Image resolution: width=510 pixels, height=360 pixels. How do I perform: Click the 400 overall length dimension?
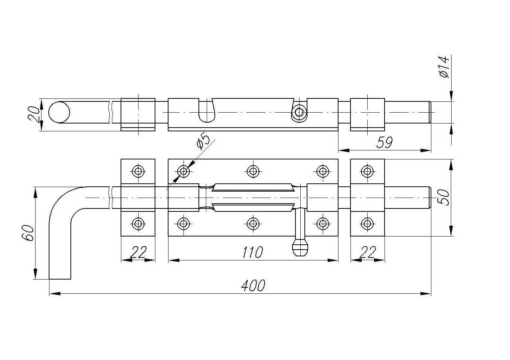253,286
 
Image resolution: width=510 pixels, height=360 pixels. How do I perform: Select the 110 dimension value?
252,252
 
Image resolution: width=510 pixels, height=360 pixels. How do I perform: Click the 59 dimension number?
385,143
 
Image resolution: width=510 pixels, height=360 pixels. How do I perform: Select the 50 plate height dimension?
444,198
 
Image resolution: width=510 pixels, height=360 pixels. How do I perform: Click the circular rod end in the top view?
59,112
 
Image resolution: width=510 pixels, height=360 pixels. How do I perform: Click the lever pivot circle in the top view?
299,112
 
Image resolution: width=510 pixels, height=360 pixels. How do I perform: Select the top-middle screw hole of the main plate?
253,171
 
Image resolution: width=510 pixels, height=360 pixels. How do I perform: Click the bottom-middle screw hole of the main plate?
253,224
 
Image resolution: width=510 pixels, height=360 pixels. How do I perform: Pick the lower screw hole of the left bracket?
138,224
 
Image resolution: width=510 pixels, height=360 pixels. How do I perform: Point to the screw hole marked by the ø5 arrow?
183,171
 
